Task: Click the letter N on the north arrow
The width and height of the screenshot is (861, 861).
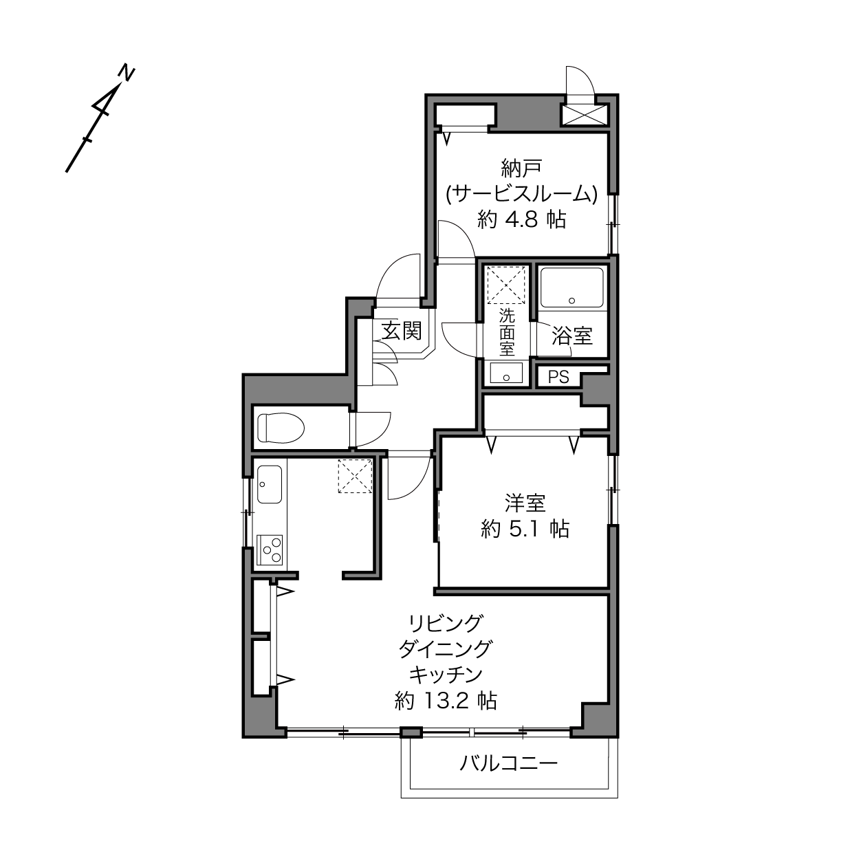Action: tap(127, 74)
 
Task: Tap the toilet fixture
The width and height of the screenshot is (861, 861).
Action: tap(281, 428)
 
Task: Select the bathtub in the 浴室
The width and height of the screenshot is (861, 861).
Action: tap(571, 287)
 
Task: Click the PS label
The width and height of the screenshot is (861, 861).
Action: tap(558, 378)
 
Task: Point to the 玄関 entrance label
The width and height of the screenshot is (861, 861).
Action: tap(401, 331)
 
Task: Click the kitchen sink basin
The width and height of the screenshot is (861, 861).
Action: tap(270, 484)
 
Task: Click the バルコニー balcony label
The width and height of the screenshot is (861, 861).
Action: tap(509, 763)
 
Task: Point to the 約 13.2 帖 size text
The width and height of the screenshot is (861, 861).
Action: tap(446, 701)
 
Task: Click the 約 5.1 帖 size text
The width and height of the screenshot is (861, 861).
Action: tap(525, 530)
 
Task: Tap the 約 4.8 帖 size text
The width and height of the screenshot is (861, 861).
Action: tap(522, 220)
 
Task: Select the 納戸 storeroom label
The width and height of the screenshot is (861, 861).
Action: tap(522, 168)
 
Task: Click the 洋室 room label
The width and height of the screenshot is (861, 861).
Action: tap(525, 503)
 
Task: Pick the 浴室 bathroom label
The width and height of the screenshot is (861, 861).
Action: tap(572, 336)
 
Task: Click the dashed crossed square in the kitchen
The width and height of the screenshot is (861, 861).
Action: tap(356, 476)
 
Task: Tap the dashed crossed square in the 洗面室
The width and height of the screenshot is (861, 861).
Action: tap(506, 285)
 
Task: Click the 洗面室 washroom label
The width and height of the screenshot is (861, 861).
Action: tap(507, 333)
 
